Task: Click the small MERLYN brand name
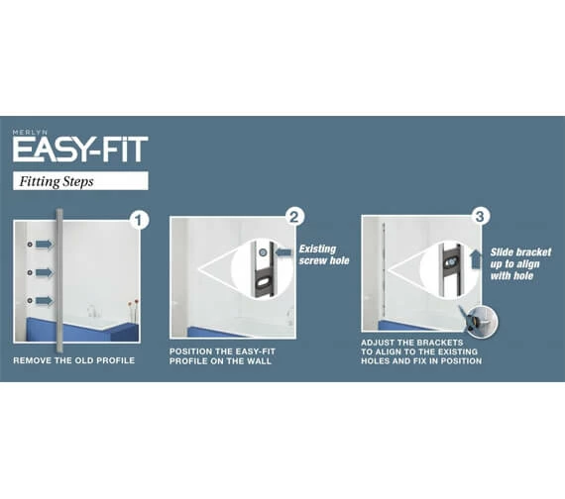(x=30, y=132)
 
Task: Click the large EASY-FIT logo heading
(x=80, y=150)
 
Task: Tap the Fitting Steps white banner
(x=80, y=181)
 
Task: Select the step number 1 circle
(x=139, y=220)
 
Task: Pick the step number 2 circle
(x=294, y=217)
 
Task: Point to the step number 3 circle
(x=480, y=217)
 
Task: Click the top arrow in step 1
(x=44, y=245)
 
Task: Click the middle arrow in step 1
(x=44, y=272)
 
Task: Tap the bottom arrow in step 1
(x=44, y=300)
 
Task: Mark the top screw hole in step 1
(x=30, y=245)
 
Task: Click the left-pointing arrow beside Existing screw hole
(x=283, y=252)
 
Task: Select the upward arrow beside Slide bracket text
(x=476, y=259)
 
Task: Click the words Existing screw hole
(x=324, y=254)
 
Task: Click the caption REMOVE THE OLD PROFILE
(x=74, y=360)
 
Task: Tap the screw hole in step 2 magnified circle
(x=263, y=252)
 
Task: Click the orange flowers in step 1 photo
(x=133, y=302)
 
